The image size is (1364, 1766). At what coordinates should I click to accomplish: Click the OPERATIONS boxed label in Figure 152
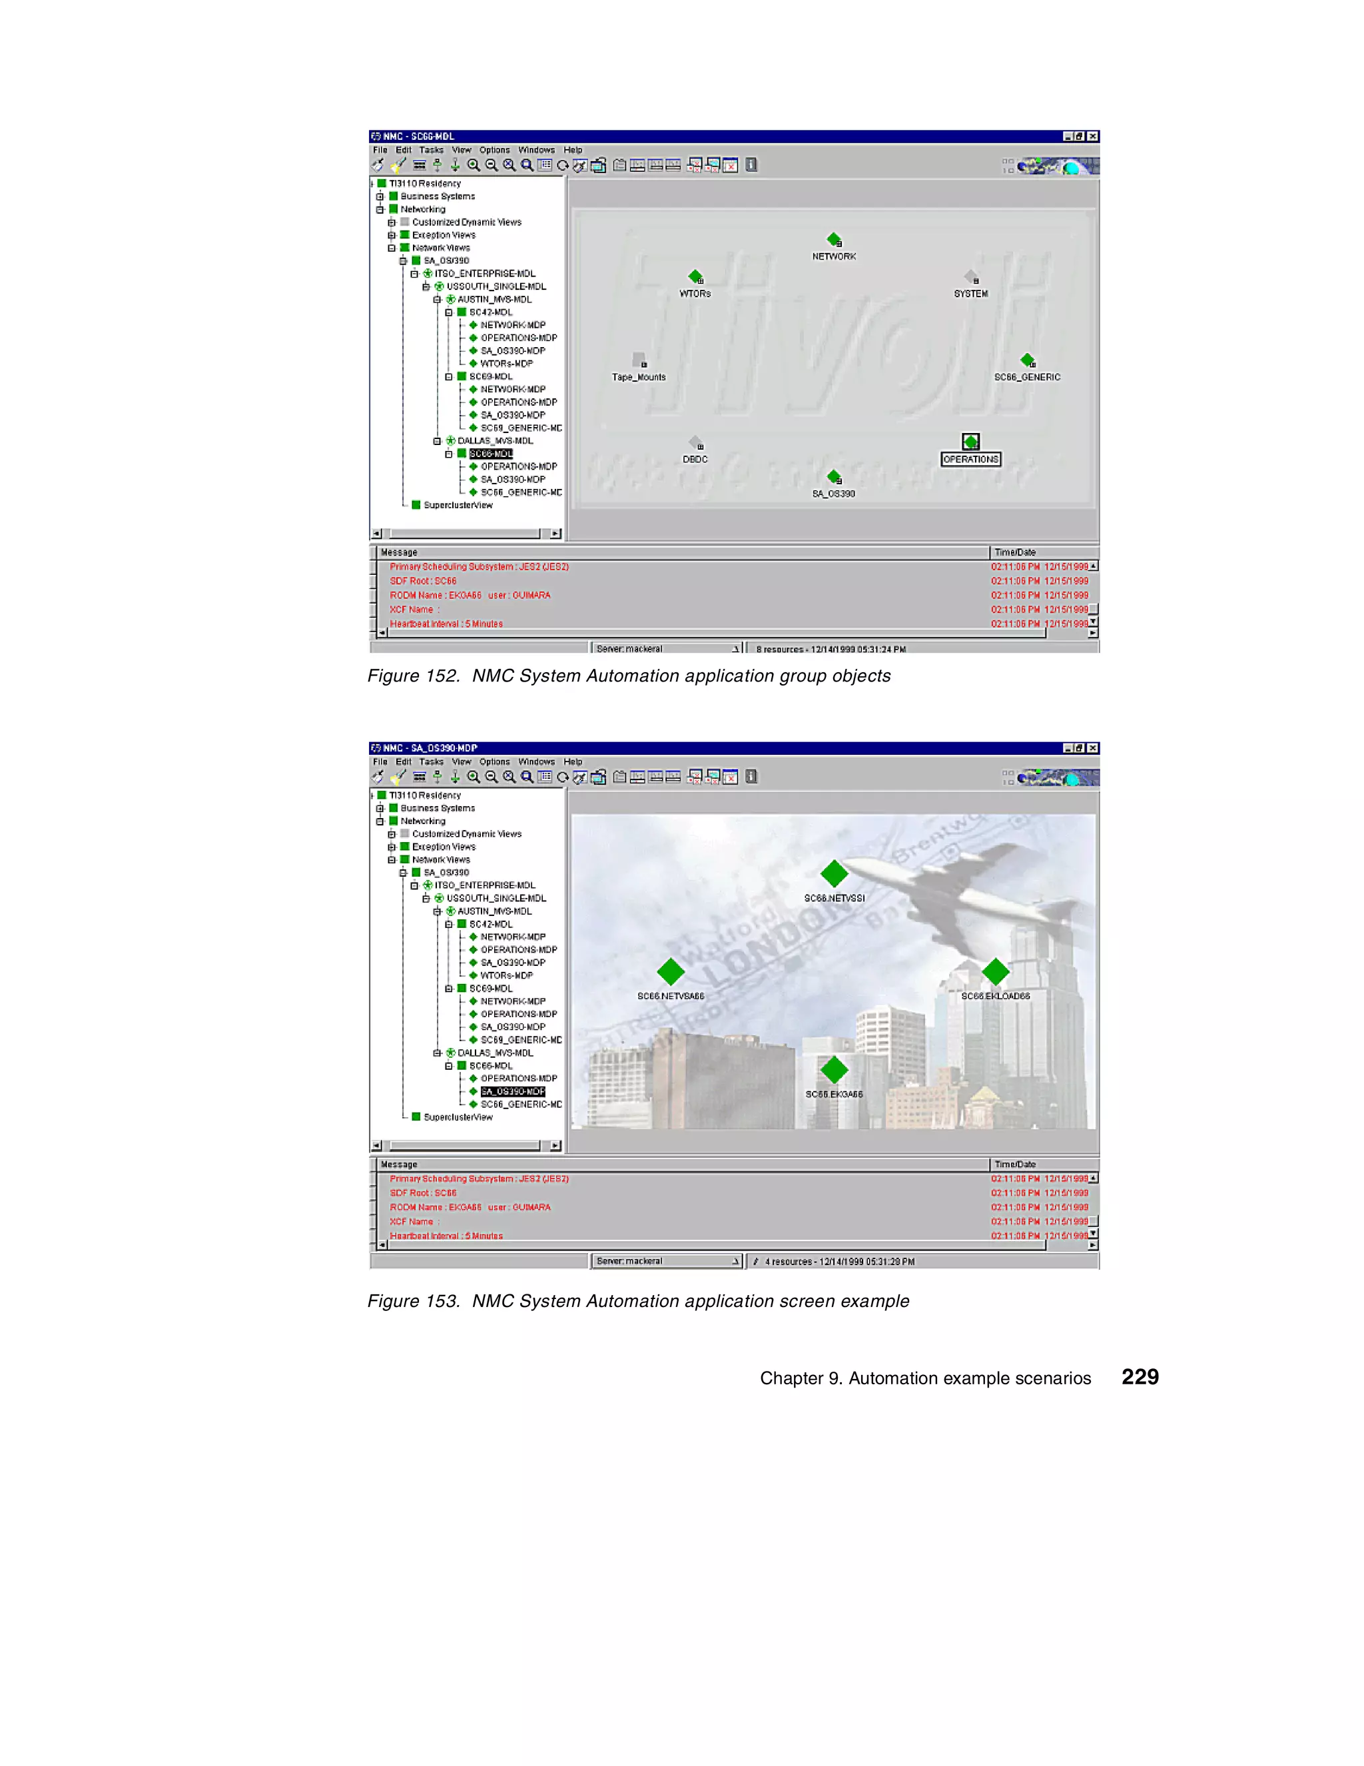[x=970, y=459]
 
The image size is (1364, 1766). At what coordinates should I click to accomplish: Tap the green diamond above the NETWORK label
[x=834, y=239]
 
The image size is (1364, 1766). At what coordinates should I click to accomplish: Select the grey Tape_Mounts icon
[x=639, y=359]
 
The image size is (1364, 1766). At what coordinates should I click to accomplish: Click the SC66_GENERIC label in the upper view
[x=1027, y=377]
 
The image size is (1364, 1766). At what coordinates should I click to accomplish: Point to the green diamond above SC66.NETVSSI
[x=834, y=873]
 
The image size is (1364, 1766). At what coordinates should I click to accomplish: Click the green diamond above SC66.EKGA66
[x=834, y=1070]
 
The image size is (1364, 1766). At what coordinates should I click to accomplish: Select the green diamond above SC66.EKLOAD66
[x=995, y=971]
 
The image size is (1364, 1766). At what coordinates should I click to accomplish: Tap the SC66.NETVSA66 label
[x=670, y=996]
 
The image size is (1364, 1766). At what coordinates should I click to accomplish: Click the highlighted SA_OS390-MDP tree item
[x=513, y=1092]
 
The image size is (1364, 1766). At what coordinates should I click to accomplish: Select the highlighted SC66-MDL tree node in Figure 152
[x=491, y=454]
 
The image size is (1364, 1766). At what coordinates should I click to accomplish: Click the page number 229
[x=1140, y=1377]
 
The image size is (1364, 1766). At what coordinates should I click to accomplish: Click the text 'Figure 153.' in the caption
[x=413, y=1301]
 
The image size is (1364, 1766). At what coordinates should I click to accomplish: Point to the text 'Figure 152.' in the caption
[x=413, y=676]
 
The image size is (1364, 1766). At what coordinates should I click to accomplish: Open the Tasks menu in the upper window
[x=431, y=150]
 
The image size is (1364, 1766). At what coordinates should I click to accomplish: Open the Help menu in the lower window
[x=573, y=761]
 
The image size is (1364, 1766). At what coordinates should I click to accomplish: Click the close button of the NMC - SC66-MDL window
[x=1092, y=136]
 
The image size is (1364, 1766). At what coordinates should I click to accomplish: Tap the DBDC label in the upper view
[x=695, y=459]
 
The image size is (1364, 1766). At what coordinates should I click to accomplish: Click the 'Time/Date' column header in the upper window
[x=1015, y=552]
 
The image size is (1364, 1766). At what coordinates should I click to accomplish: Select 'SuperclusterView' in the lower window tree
[x=458, y=1116]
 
